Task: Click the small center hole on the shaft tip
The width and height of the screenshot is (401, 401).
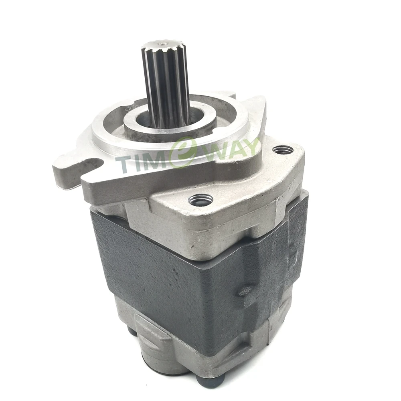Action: (x=163, y=44)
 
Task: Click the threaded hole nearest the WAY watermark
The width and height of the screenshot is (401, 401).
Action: (x=283, y=150)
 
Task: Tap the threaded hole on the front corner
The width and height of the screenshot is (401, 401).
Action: (x=200, y=199)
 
